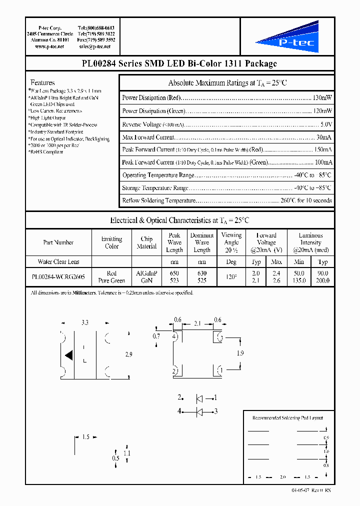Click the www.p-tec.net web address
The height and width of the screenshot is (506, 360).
click(49, 46)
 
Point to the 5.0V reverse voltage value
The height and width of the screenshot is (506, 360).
click(326, 124)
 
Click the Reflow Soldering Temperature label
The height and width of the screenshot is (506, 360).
click(158, 200)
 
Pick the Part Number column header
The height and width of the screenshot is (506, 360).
click(58, 242)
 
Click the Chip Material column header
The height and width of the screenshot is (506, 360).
click(146, 242)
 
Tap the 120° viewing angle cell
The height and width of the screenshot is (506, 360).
click(231, 277)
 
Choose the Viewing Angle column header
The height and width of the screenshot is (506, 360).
click(231, 242)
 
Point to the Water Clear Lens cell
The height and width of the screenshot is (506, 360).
click(58, 261)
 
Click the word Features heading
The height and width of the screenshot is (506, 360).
click(42, 82)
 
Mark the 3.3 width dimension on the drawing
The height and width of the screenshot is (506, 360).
click(84, 323)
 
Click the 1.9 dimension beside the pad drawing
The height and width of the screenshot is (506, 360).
click(239, 353)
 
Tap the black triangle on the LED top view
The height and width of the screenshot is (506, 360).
click(69, 355)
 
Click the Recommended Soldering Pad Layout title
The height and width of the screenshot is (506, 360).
click(287, 418)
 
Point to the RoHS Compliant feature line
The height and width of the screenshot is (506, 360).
click(46, 152)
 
